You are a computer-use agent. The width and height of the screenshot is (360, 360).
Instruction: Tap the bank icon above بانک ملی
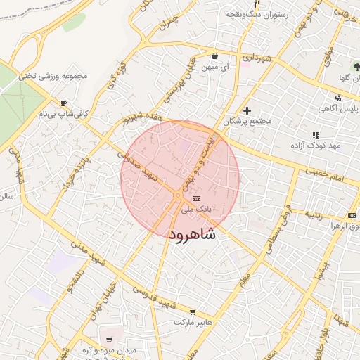point(196,199)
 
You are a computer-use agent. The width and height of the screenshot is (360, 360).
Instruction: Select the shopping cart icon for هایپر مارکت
point(193,311)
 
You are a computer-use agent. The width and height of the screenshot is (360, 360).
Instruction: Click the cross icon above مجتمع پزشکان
point(247,110)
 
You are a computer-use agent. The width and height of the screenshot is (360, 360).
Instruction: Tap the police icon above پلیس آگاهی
point(338,98)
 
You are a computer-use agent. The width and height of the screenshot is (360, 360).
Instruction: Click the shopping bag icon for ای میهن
point(214,56)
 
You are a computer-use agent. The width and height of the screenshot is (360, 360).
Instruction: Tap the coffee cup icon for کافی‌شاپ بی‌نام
point(64,102)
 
